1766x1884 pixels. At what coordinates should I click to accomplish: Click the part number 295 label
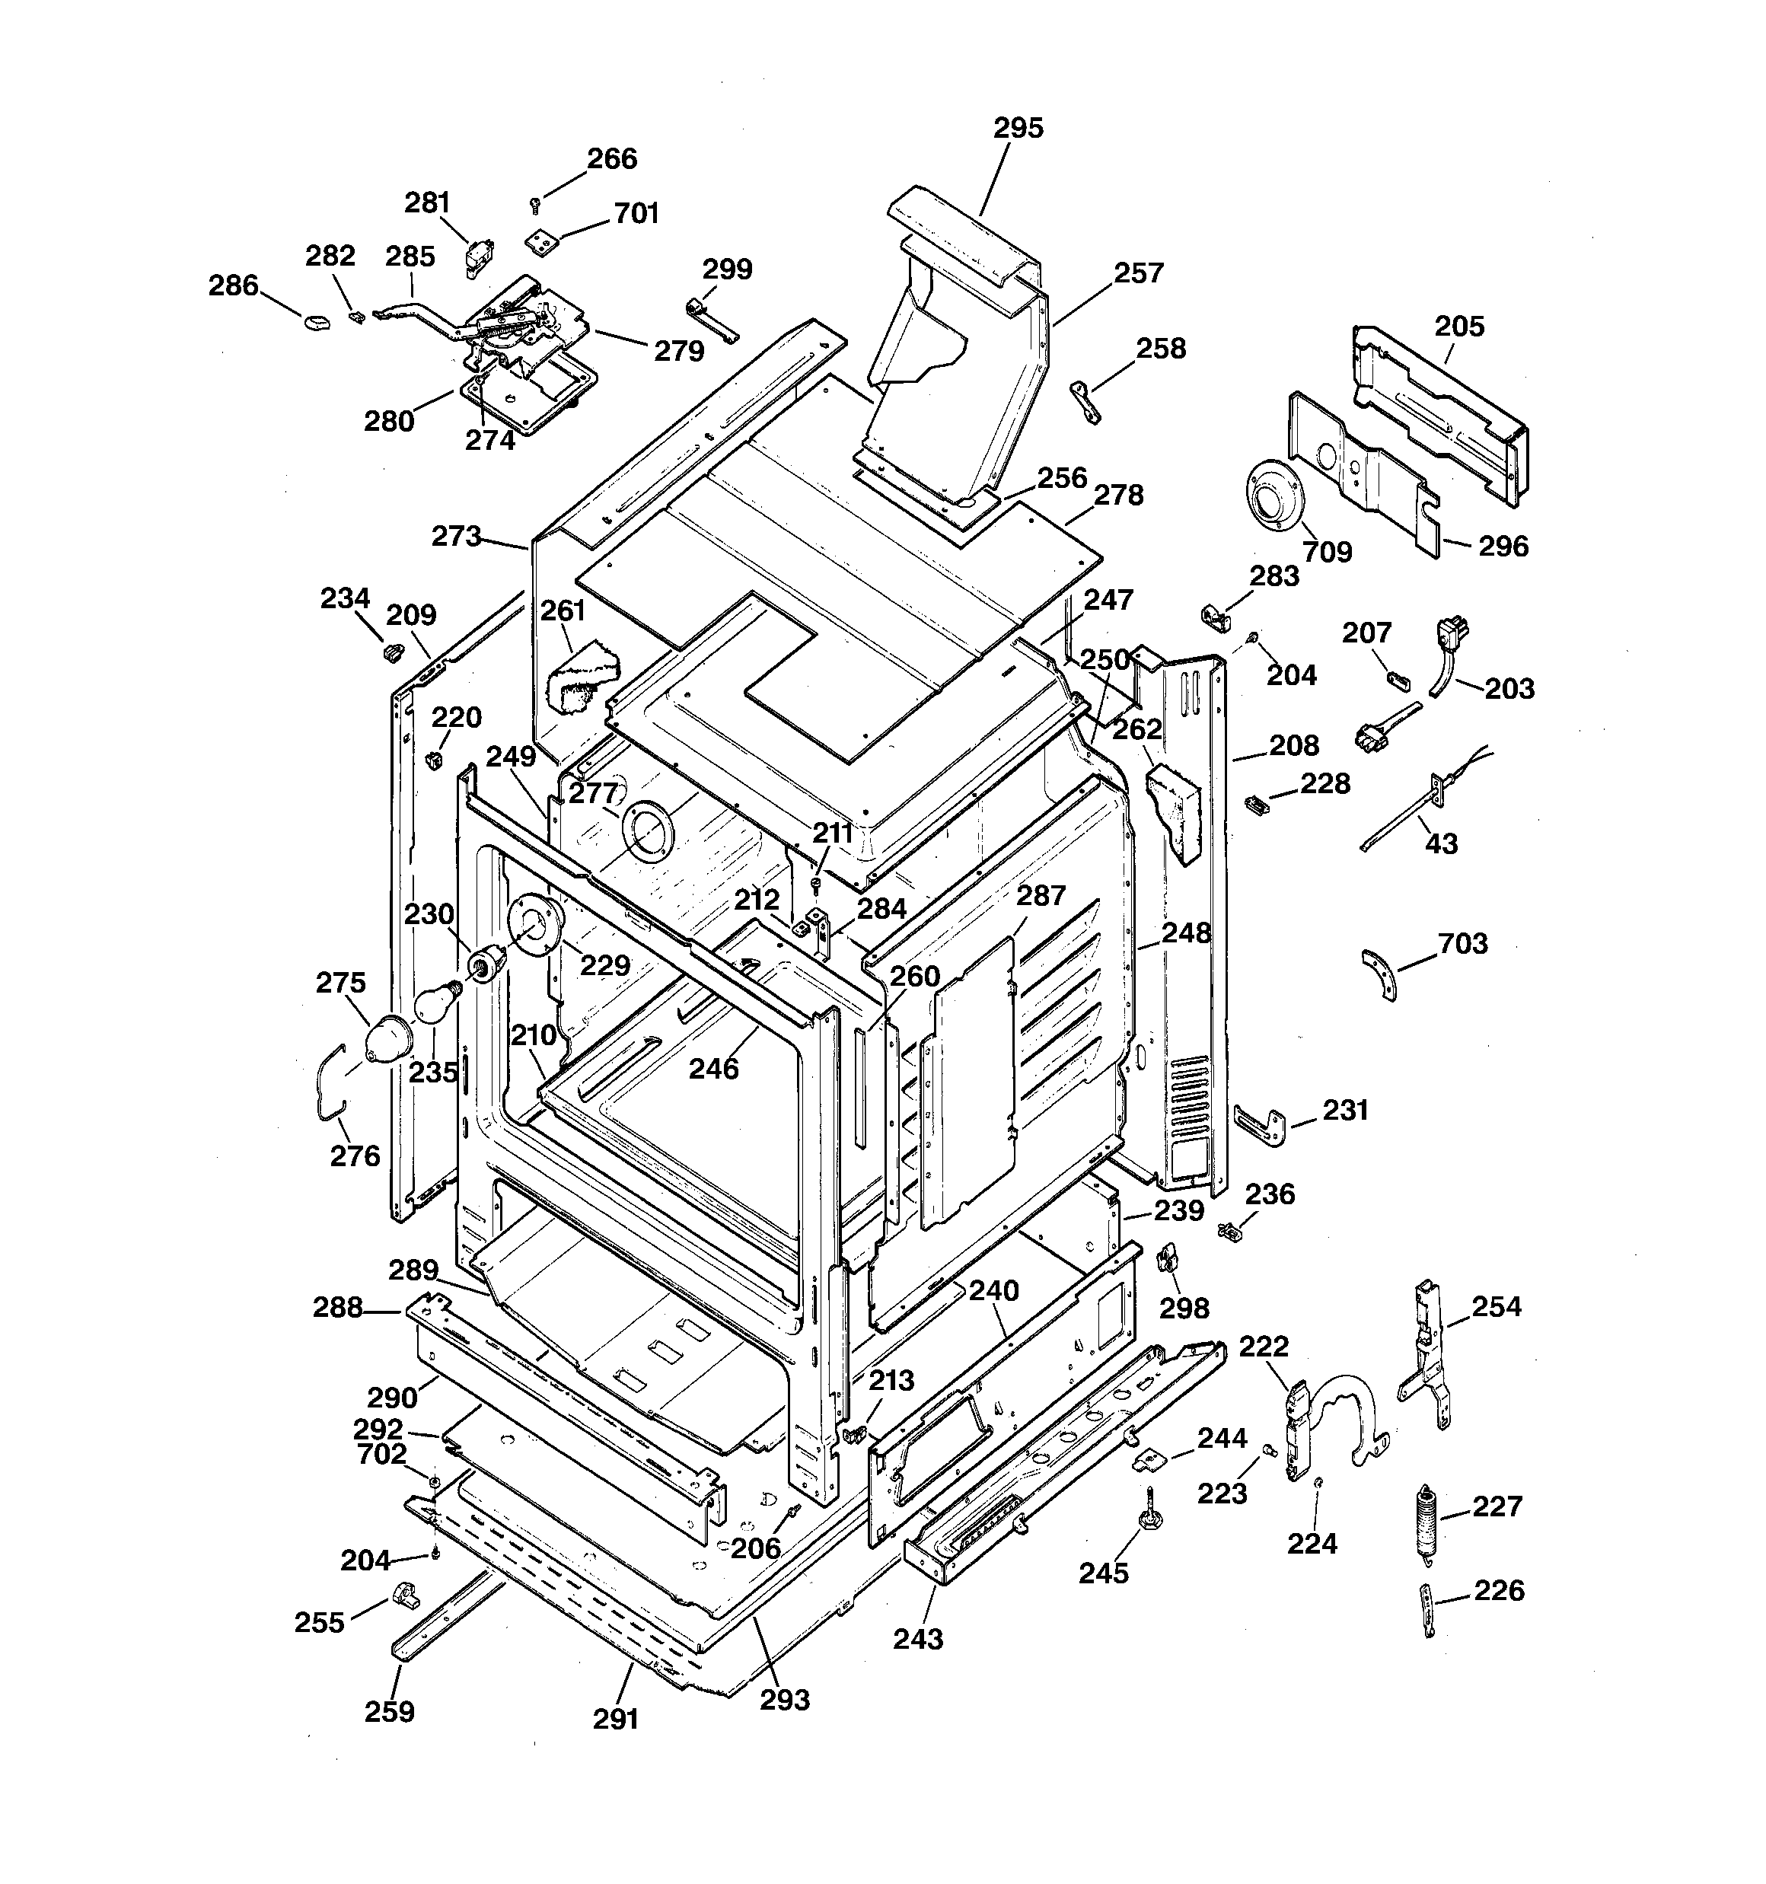point(1018,128)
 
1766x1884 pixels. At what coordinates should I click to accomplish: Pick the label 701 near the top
point(636,213)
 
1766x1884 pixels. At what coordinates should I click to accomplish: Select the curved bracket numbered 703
point(1380,976)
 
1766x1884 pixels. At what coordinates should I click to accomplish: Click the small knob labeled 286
point(314,321)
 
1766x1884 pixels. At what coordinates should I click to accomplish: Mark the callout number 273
point(456,537)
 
